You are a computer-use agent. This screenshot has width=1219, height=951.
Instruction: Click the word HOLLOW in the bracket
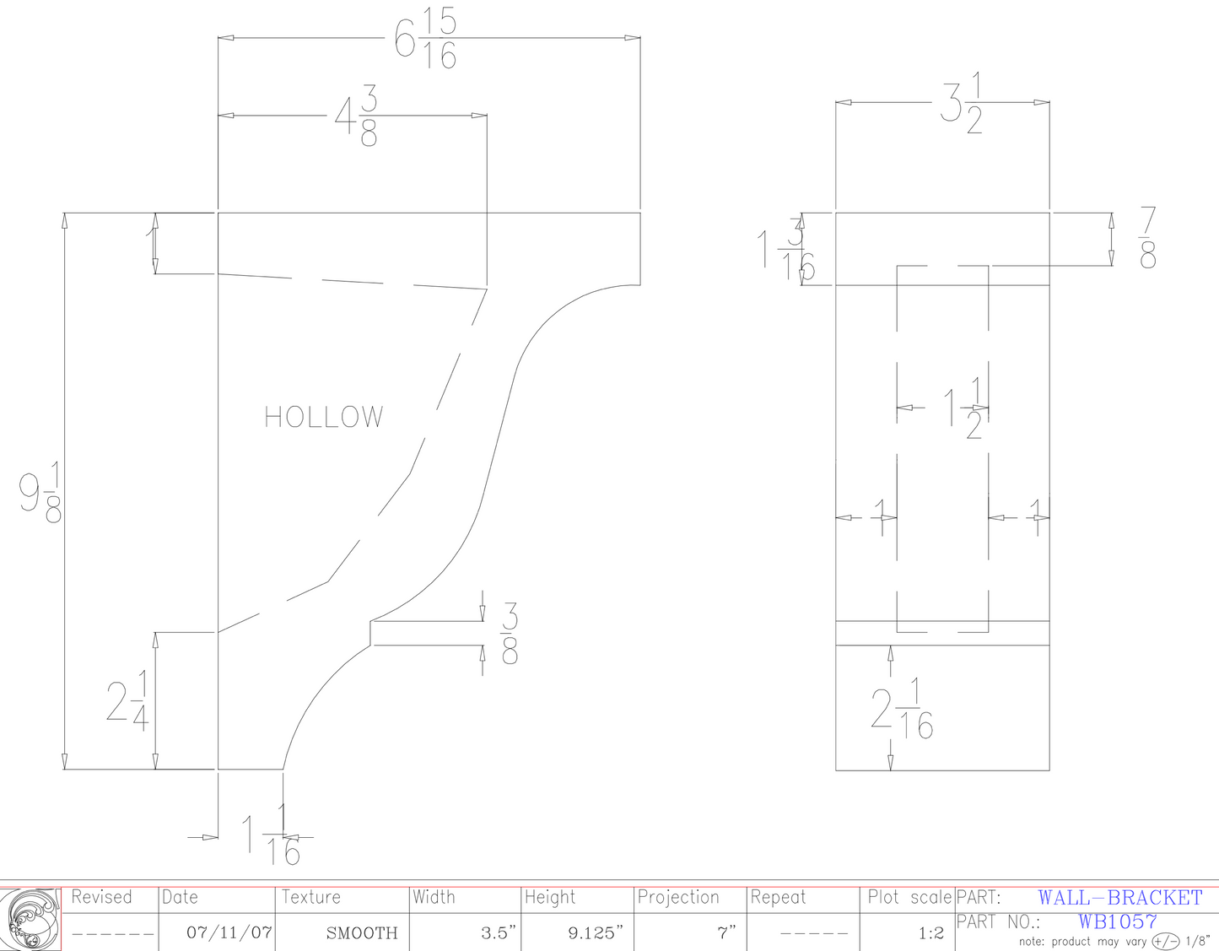[324, 417]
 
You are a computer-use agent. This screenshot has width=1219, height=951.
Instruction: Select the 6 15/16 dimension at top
[427, 39]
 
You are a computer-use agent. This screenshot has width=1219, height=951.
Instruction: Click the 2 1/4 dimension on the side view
[128, 701]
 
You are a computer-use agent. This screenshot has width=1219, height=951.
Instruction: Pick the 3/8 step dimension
[510, 633]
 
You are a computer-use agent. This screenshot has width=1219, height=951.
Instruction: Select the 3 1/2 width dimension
[963, 105]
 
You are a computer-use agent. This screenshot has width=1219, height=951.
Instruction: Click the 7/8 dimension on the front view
[1147, 239]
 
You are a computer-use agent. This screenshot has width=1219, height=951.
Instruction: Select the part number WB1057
[1117, 921]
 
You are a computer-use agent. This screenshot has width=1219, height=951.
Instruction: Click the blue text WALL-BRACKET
[1119, 898]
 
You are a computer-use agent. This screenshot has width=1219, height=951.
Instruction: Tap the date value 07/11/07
[229, 932]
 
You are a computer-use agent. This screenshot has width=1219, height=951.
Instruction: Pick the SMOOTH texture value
[362, 932]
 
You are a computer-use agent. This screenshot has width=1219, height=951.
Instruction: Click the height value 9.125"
[596, 932]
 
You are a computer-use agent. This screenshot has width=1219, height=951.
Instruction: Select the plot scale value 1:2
[930, 932]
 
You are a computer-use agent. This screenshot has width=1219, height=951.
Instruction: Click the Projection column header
[678, 897]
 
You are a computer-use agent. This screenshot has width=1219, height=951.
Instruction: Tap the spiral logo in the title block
[31, 919]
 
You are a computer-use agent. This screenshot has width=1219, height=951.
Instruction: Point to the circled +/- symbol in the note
[1166, 941]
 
